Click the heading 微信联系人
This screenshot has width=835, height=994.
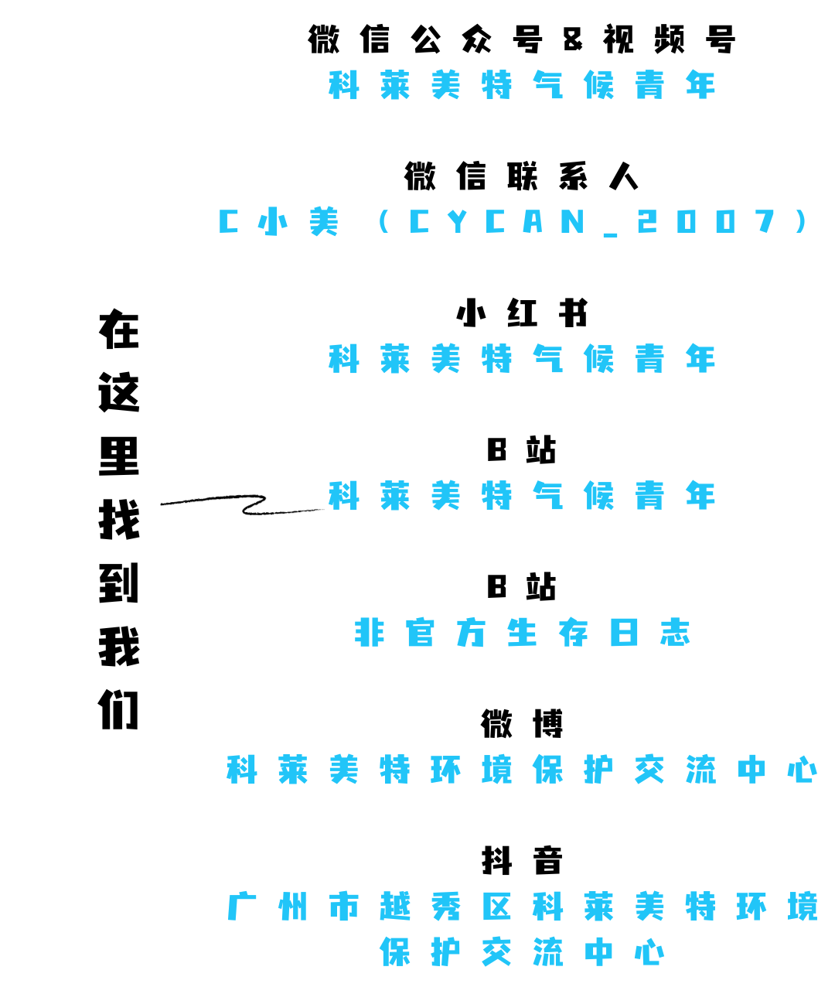[x=522, y=177]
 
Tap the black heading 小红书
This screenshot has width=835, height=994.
[x=522, y=314]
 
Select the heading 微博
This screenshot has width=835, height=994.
[x=522, y=724]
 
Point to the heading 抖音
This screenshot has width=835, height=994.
[x=522, y=861]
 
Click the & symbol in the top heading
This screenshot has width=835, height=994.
[x=573, y=40]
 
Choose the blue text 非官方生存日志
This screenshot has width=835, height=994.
[x=522, y=634]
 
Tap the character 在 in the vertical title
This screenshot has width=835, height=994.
[x=119, y=330]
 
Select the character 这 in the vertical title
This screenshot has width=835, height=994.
[x=119, y=393]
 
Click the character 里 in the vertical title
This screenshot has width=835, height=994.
[x=119, y=456]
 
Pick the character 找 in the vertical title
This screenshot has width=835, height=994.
[x=119, y=520]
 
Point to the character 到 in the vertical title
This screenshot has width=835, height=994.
[x=119, y=583]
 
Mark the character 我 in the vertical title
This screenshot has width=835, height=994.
[x=119, y=647]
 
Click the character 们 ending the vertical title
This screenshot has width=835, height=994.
[x=119, y=710]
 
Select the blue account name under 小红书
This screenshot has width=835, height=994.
[x=522, y=360]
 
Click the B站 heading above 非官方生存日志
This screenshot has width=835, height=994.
[x=522, y=587]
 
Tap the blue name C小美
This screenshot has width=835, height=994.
[x=279, y=223]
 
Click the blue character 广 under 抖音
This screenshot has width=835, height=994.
[x=242, y=907]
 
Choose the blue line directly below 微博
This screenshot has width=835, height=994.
[x=522, y=770]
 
